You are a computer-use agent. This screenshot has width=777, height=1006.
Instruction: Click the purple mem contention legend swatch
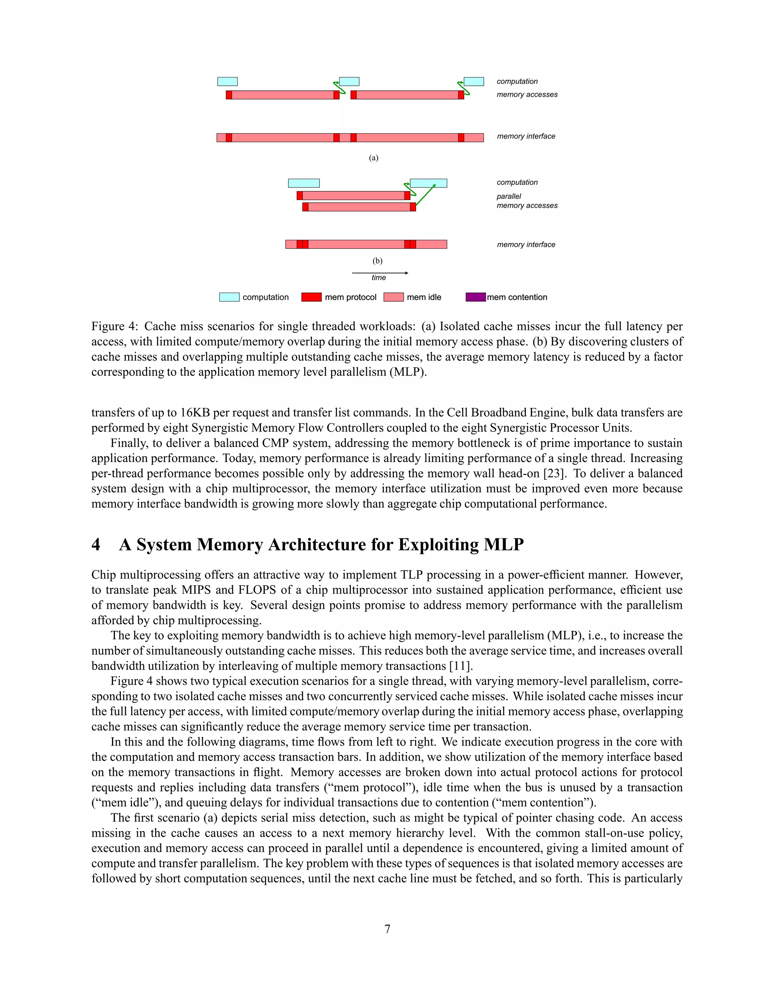pyautogui.click(x=475, y=297)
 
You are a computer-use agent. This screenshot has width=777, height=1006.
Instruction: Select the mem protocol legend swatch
pyautogui.click(x=311, y=297)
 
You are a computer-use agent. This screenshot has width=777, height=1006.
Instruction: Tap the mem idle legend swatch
pyautogui.click(x=393, y=297)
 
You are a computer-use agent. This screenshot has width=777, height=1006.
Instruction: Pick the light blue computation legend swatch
pyautogui.click(x=229, y=297)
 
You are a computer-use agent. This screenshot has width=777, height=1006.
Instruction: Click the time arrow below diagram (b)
pyautogui.click(x=380, y=273)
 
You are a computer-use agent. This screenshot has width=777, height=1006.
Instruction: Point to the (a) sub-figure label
pyautogui.click(x=373, y=158)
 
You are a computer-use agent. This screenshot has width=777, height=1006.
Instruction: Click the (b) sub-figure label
pyautogui.click(x=377, y=261)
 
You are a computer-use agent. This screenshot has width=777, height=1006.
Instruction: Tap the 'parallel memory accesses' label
pyautogui.click(x=527, y=201)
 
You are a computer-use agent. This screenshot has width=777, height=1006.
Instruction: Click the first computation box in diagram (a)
pyautogui.click(x=227, y=82)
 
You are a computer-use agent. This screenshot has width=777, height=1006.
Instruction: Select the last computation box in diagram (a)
pyautogui.click(x=473, y=82)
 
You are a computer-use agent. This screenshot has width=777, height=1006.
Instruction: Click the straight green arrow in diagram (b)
pyautogui.click(x=426, y=194)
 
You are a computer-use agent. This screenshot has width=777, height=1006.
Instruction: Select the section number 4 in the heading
pyautogui.click(x=96, y=544)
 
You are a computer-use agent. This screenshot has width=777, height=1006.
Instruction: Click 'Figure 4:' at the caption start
pyautogui.click(x=115, y=326)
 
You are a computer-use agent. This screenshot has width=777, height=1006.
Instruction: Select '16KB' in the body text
pyautogui.click(x=195, y=413)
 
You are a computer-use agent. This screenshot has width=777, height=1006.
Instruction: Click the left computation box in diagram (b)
pyautogui.click(x=304, y=183)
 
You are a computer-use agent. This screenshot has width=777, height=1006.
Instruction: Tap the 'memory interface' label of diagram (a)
pyautogui.click(x=526, y=136)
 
